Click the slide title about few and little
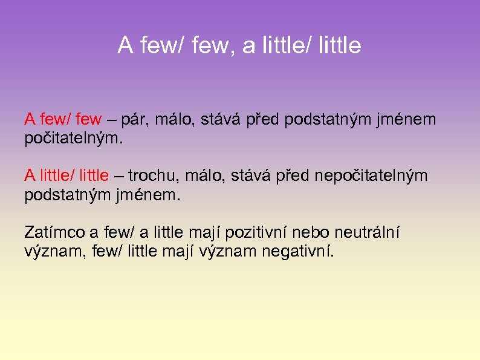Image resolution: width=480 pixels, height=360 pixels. [x=239, y=45]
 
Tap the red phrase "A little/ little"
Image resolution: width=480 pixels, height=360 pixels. [x=66, y=175]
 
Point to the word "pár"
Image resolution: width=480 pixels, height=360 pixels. [x=134, y=120]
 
